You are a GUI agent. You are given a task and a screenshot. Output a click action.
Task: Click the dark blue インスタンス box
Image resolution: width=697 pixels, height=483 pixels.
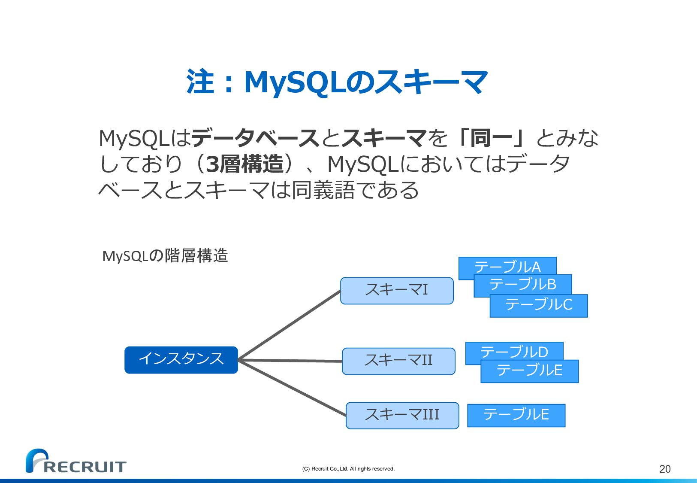181,360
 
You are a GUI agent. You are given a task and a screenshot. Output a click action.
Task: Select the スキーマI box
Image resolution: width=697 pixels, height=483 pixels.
397,291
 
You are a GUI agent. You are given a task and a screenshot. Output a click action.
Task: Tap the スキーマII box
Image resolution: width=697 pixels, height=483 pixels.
398,361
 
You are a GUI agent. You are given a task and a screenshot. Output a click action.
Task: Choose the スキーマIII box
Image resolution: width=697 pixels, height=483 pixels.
402,415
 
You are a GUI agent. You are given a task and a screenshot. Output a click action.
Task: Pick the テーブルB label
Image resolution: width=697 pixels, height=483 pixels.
523,284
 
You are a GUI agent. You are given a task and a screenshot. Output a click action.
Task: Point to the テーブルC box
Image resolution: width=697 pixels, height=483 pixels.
539,306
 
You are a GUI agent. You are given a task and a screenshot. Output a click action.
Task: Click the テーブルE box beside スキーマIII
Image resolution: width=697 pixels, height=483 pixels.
516,415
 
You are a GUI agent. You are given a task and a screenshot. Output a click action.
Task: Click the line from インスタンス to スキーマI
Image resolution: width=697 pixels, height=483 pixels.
289,325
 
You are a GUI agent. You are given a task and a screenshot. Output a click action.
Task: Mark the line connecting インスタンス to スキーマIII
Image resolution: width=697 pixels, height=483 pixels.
292,388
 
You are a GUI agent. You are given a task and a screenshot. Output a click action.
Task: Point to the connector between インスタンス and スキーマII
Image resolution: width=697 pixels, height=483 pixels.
290,361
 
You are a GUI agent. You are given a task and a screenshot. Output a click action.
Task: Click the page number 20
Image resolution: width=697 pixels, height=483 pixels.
664,469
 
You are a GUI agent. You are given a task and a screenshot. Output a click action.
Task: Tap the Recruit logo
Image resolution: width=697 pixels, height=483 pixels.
75,462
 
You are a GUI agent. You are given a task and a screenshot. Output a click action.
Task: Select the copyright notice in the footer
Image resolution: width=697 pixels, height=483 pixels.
348,469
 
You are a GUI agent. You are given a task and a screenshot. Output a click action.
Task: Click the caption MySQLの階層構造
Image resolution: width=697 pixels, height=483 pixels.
165,256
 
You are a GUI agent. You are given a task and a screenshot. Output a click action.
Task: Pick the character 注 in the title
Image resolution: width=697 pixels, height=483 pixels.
200,82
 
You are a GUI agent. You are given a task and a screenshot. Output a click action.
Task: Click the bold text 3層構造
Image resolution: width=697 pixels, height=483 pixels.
245,164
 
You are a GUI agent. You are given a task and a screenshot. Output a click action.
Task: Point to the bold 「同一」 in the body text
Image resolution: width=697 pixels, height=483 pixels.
491,138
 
